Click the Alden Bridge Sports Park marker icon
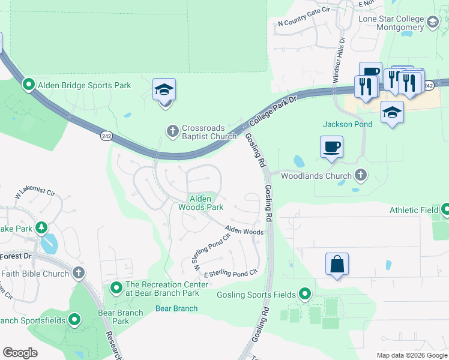pyautogui.click(x=28, y=85)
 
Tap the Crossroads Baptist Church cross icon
pyautogui.click(x=172, y=131)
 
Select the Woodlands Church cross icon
pyautogui.click(x=360, y=176)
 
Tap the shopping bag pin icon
pyautogui.click(x=337, y=264)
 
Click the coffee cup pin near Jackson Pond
pyautogui.click(x=331, y=147)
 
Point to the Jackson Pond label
pyautogui.click(x=348, y=124)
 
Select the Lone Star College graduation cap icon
pyautogui.click(x=432, y=23)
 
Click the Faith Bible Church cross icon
pyautogui.click(x=77, y=274)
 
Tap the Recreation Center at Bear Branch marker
pyautogui.click(x=115, y=289)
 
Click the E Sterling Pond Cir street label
pyautogui.click(x=231, y=273)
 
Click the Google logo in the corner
pyautogui.click(x=20, y=352)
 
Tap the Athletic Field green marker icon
pyautogui.click(x=445, y=210)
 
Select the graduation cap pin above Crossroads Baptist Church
pyautogui.click(x=164, y=91)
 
